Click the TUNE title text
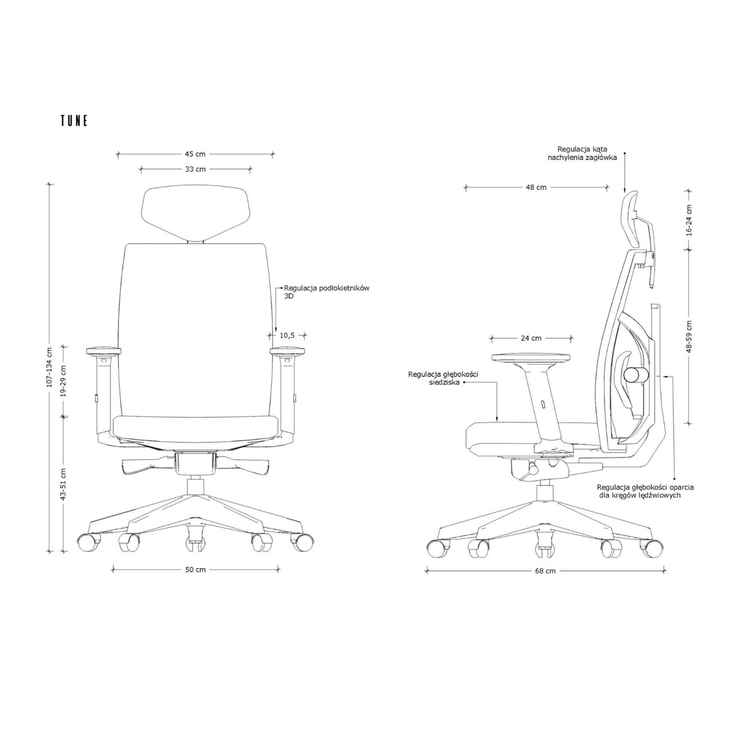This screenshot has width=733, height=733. pyautogui.click(x=74, y=120)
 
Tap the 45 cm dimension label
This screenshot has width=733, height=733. pyautogui.click(x=195, y=154)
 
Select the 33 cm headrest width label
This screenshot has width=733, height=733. pyautogui.click(x=195, y=169)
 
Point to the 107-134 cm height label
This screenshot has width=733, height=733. pyautogui.click(x=49, y=368)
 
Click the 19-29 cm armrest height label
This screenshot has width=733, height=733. pyautogui.click(x=63, y=381)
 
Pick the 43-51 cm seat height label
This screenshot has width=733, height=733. pyautogui.click(x=63, y=484)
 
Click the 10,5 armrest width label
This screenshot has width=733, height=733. pyautogui.click(x=287, y=335)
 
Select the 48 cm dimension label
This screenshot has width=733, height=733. pyautogui.click(x=536, y=187)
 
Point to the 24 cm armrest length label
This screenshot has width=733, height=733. pyautogui.click(x=531, y=338)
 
